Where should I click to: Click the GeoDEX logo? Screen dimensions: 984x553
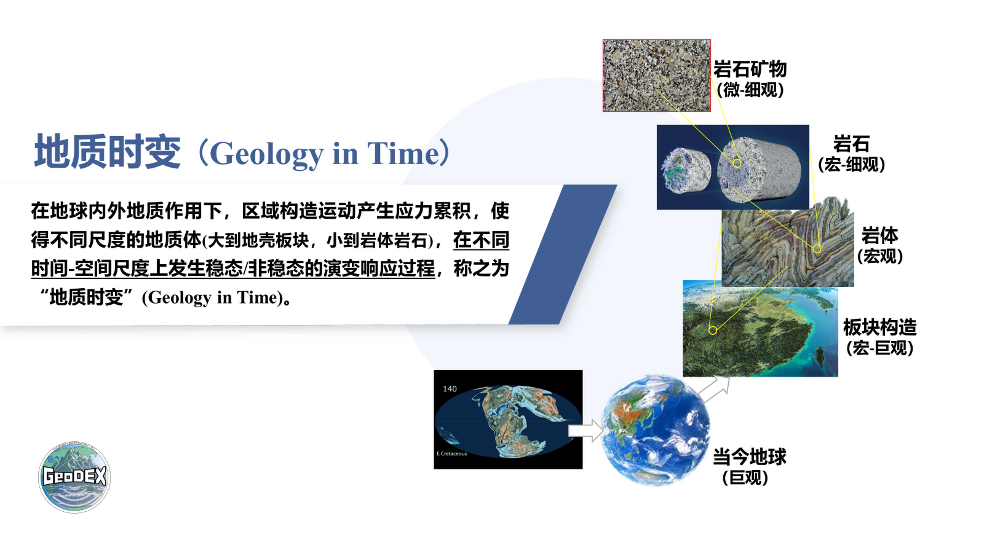[75, 477]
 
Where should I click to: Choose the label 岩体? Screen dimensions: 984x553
[880, 235]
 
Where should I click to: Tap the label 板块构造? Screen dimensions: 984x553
[880, 327]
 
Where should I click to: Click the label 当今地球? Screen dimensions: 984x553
[749, 457]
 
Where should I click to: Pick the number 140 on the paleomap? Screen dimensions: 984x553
[450, 389]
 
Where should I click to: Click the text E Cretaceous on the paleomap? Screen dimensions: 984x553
[452, 453]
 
